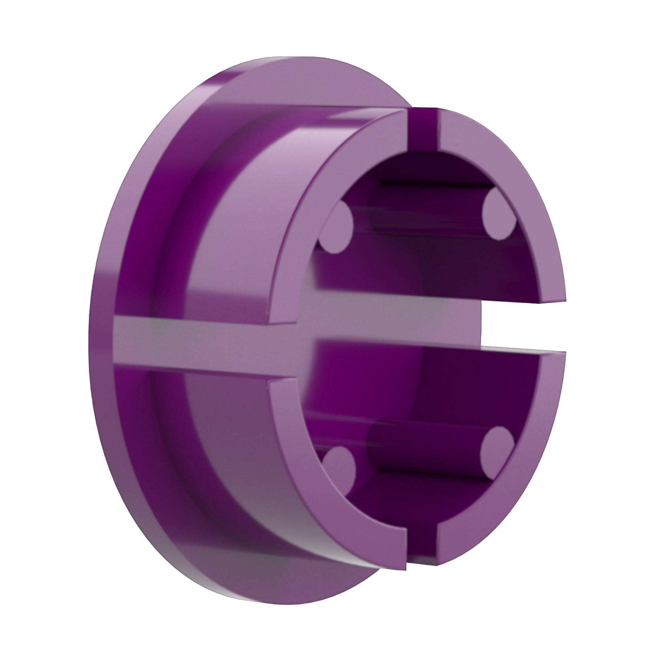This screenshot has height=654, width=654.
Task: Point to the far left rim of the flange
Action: pyautogui.click(x=93, y=325)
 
